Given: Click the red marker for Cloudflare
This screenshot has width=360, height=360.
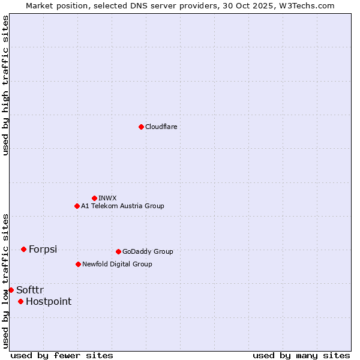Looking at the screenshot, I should click(141, 127).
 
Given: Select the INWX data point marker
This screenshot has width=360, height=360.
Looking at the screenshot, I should click(94, 198).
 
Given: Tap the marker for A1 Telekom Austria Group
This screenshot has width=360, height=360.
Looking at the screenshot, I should click(77, 206).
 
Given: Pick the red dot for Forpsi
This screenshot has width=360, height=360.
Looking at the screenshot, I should click(23, 249).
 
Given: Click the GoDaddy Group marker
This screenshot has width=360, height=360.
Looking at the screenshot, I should click(118, 251).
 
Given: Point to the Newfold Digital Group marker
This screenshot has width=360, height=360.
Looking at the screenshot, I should click(78, 264).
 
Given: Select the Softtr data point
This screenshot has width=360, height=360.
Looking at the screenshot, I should click(11, 290).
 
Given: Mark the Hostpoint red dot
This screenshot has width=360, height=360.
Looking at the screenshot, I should click(20, 301).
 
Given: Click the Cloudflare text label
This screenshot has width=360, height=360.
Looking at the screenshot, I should click(161, 127).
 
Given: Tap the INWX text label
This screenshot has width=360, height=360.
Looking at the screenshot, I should click(107, 198).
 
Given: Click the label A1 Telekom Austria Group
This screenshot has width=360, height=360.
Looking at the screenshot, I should click(122, 206).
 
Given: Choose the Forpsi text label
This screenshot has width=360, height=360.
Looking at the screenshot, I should click(43, 249).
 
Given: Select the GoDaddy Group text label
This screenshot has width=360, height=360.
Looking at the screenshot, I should click(148, 251).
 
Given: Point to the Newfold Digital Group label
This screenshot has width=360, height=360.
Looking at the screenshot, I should click(117, 264).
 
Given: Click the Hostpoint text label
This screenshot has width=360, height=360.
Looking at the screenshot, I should click(49, 301).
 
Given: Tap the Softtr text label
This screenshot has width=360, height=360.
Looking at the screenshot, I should click(30, 290).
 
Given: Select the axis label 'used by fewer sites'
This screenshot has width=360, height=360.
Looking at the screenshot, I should click(62, 355).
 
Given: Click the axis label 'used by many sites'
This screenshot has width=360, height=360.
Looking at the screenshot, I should click(301, 355).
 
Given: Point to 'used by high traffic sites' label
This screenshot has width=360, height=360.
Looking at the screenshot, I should click(5, 85).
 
